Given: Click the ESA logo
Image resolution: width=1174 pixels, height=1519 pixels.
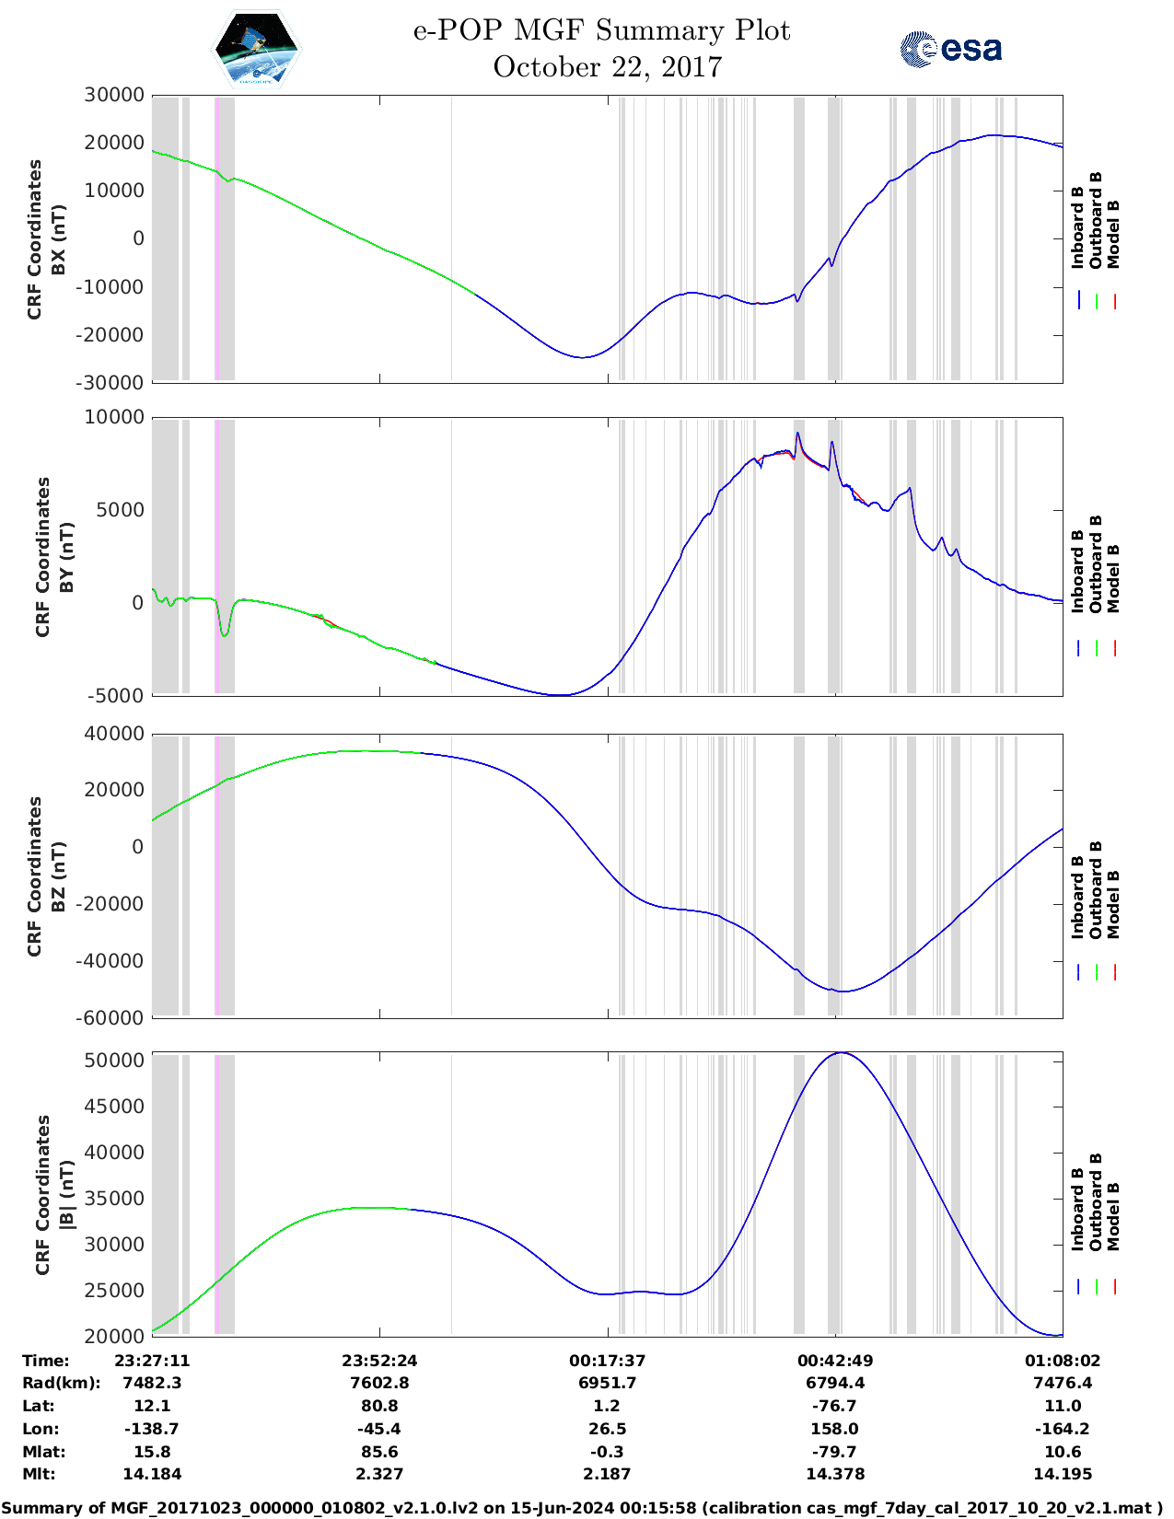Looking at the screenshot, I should point(950,49).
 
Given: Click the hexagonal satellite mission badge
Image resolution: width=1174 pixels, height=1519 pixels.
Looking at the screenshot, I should point(256,50).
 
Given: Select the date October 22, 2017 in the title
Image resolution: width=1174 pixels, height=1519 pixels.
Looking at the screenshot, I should point(607,67).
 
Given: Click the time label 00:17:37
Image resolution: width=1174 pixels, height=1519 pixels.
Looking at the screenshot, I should point(607,1361).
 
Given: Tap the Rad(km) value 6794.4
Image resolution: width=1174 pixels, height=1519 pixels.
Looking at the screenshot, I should point(835,1383).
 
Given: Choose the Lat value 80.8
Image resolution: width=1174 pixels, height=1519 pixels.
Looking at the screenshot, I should point(379,1406).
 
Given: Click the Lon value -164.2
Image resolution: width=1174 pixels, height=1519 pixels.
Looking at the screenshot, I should point(1063,1429).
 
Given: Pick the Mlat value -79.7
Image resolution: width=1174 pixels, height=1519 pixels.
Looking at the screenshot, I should point(835,1452).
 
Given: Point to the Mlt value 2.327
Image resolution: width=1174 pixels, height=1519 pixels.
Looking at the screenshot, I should point(379,1474).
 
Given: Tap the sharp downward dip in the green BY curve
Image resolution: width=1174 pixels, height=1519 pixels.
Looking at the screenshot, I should point(225,634).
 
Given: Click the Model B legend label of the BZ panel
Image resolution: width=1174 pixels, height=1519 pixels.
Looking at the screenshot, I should point(1113,903).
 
